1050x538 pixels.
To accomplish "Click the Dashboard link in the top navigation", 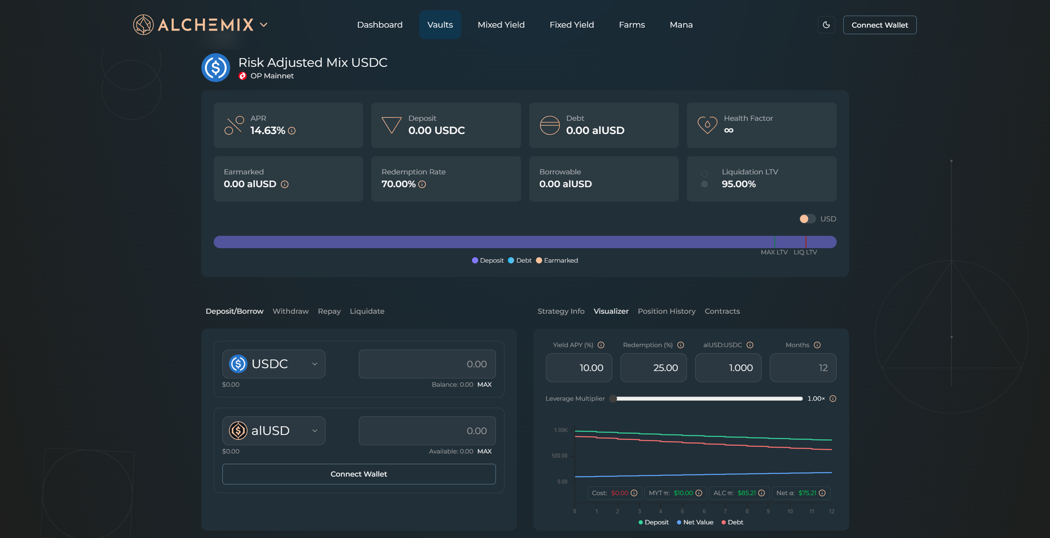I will (380, 25).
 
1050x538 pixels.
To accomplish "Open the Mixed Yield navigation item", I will (501, 25).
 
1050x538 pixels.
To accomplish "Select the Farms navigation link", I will (632, 25).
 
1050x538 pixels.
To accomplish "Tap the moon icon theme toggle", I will (826, 25).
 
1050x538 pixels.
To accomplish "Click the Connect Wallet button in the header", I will (880, 25).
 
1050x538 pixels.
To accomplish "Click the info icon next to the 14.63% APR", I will (292, 131).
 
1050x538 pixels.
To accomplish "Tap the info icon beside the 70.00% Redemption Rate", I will (422, 184).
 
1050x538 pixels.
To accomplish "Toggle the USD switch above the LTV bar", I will (807, 219).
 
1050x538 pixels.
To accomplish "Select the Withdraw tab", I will (290, 311).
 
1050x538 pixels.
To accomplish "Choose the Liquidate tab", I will (367, 311).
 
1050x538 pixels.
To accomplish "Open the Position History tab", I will (666, 311).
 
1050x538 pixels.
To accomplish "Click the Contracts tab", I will (722, 311).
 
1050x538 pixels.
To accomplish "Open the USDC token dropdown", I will (274, 364).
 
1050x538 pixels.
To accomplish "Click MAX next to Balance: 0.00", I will (484, 385).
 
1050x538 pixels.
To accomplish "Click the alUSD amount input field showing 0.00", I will (427, 431).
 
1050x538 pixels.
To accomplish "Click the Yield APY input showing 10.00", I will (579, 368).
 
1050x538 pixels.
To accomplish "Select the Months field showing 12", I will (803, 368).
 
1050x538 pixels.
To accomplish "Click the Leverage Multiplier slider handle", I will (613, 399).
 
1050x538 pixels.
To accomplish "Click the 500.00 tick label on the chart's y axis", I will (559, 456).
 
